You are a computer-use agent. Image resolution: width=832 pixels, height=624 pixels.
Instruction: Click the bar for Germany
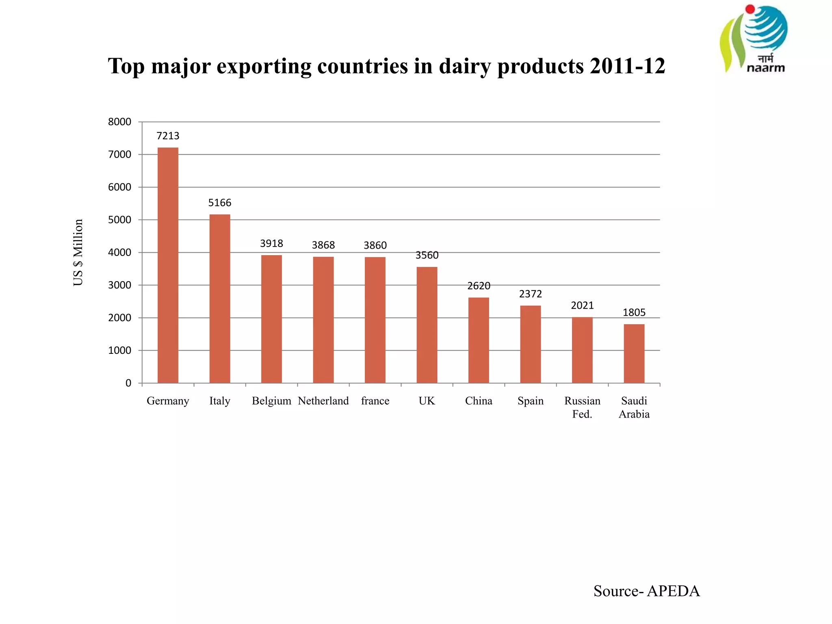click(x=168, y=265)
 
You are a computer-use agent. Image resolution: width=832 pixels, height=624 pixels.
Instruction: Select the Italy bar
click(x=220, y=299)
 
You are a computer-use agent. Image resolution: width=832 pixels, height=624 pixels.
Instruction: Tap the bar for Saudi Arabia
click(x=634, y=353)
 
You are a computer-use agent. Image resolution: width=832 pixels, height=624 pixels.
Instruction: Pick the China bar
click(x=479, y=340)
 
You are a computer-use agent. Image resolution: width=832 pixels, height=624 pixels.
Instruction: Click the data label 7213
click(x=168, y=136)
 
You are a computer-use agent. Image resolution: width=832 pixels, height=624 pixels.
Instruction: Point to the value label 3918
click(x=271, y=243)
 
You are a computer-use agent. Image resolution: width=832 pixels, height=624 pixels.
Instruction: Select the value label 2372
click(x=531, y=294)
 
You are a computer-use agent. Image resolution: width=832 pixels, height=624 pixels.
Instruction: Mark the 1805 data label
click(x=634, y=312)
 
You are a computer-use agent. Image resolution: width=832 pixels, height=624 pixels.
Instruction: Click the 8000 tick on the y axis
click(x=119, y=122)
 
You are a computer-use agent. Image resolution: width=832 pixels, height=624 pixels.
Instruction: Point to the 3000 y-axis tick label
click(x=119, y=285)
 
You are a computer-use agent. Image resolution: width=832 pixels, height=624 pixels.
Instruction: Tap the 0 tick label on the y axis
click(x=128, y=383)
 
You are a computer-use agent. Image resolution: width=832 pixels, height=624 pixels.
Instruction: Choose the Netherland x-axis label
click(x=323, y=401)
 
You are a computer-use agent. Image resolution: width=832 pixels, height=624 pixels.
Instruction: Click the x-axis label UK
click(x=427, y=401)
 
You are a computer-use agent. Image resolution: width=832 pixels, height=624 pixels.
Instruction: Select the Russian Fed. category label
click(x=582, y=407)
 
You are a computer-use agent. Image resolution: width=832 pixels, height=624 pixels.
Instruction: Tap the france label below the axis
click(x=375, y=401)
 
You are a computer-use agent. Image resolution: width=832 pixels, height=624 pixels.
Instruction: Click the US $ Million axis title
click(x=78, y=252)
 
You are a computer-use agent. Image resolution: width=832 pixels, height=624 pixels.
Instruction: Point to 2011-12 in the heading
click(x=627, y=66)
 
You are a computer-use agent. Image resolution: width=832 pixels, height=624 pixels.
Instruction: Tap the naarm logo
click(x=754, y=39)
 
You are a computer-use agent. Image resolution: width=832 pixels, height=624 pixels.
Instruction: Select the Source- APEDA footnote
click(x=646, y=591)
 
